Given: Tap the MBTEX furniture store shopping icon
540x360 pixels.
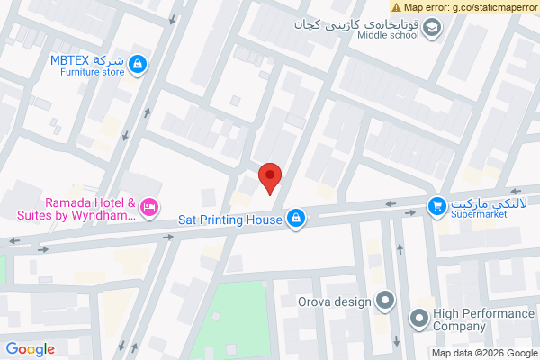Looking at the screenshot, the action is (x=138, y=64).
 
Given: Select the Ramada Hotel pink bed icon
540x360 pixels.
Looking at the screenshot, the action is (x=150, y=209).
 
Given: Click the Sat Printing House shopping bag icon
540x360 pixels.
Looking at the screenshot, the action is (x=295, y=218).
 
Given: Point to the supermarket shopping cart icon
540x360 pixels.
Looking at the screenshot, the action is (x=436, y=207).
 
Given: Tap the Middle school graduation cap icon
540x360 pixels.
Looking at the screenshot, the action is (x=433, y=29).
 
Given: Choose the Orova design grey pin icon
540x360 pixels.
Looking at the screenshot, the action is (x=386, y=301).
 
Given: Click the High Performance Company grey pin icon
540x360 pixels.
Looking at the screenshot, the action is (x=418, y=318).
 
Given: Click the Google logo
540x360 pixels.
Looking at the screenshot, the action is (x=31, y=349).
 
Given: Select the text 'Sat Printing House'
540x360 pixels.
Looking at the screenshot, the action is (x=231, y=219).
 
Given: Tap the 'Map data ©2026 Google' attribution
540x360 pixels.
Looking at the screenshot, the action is (x=484, y=353).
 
